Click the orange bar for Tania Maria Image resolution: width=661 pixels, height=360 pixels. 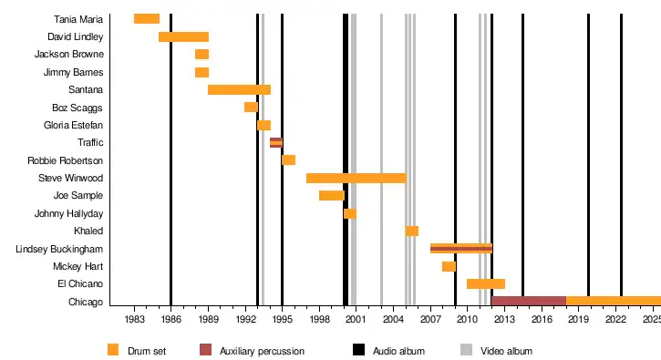coord(147,18)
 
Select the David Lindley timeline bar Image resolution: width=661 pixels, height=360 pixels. coord(183,36)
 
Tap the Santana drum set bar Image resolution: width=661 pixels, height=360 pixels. coord(239,89)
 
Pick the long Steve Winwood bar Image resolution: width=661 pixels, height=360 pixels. coord(356,178)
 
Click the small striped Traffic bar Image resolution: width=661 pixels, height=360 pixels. coord(276,142)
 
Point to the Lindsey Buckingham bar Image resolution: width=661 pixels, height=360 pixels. coord(461,249)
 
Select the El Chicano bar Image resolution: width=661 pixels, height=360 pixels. coord(486,283)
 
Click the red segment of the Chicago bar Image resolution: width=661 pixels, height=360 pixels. coord(529,301)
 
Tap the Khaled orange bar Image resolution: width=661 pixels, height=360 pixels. coord(412,231)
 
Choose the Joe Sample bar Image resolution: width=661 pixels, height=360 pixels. coord(332,195)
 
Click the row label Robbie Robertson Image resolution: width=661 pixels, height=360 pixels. coord(65,160)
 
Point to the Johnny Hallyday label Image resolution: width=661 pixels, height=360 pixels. coord(68,214)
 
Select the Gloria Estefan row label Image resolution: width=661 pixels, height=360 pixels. coord(73,125)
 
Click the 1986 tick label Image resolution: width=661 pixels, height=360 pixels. coord(170,319)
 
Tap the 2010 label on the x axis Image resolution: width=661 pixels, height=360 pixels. coord(467,319)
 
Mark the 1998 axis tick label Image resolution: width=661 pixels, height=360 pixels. coord(319,319)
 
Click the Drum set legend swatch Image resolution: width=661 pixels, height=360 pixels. coord(113,350)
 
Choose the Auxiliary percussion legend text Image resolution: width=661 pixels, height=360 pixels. coord(262,351)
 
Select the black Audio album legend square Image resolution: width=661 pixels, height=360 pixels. coord(358,350)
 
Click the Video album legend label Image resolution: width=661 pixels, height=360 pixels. coord(506,351)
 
